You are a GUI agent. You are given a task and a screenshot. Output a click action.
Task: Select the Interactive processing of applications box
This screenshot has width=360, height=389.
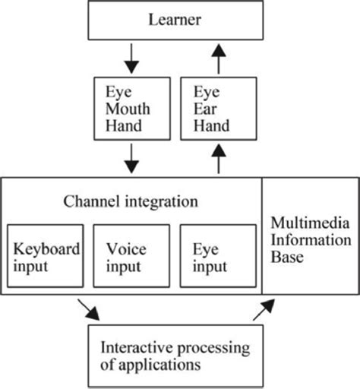pos(175,356)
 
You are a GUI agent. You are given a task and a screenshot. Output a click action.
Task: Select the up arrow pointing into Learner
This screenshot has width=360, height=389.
pos(219,57)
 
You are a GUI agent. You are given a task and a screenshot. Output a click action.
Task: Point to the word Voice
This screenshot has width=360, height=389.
pos(124,248)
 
